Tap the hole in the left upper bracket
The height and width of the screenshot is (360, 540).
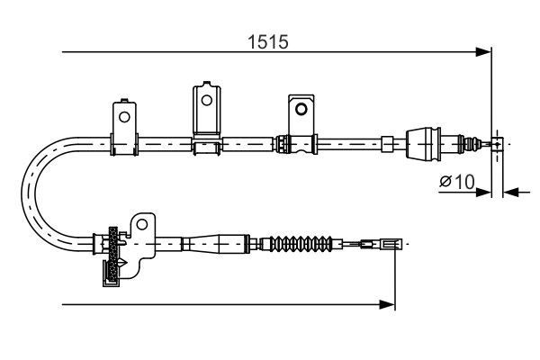123,115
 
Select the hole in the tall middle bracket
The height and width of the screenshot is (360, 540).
207,98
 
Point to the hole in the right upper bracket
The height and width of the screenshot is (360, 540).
302,109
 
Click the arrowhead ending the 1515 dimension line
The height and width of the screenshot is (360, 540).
486,53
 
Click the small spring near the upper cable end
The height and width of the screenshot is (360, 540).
468,142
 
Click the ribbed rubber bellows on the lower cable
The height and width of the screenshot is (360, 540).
302,243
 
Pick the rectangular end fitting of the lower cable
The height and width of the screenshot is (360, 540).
390,243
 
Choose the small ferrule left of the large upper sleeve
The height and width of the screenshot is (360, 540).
386,142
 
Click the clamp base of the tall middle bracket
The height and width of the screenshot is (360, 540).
207,142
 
